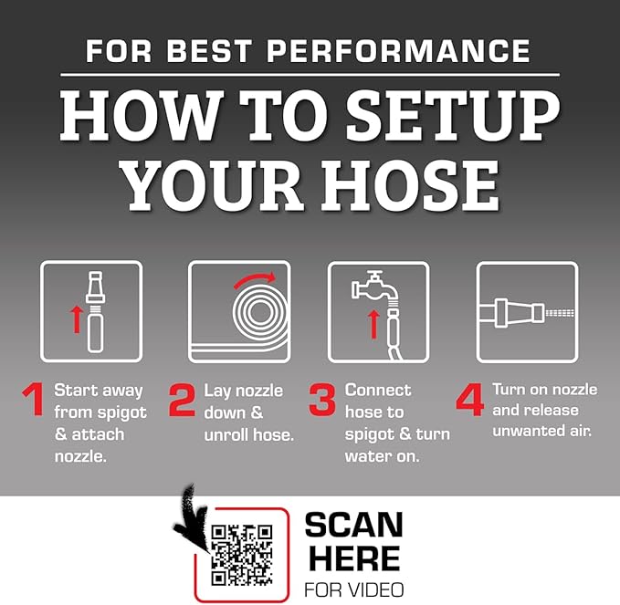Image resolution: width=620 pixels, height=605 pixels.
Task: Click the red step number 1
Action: (34, 399)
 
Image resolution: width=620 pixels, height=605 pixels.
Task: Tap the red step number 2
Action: (183, 400)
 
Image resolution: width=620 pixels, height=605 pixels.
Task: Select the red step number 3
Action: (322, 400)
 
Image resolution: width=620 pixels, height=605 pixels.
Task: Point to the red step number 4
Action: (469, 400)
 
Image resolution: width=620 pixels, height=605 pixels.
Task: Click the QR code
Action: (242, 555)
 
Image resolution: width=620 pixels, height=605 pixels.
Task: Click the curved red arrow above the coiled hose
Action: (255, 280)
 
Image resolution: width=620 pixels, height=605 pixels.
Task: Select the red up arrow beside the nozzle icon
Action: (77, 319)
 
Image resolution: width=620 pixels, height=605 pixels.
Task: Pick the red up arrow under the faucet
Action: (373, 324)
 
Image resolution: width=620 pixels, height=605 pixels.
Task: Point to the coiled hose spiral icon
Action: (260, 311)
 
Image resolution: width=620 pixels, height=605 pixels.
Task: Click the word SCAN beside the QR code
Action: (354, 525)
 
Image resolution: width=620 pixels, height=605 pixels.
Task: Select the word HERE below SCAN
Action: (354, 558)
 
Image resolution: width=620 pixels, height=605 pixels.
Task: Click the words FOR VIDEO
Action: (354, 590)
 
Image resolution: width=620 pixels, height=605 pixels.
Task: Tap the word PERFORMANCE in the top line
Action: (398, 50)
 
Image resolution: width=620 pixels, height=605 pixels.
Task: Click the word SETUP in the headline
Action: (453, 115)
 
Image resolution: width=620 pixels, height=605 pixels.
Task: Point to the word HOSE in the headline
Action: (410, 185)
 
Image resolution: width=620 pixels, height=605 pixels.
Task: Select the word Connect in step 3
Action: (378, 391)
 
